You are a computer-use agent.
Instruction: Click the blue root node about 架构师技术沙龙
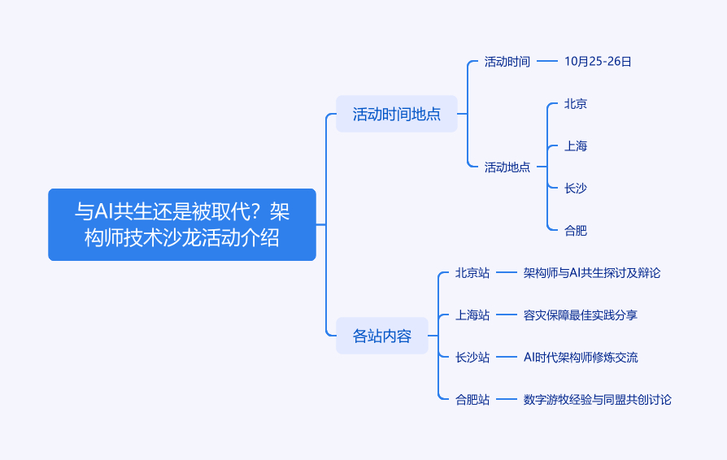(x=182, y=224)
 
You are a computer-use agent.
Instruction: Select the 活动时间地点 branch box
(x=397, y=114)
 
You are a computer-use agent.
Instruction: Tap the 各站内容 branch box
(x=382, y=336)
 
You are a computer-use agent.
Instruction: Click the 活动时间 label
(x=507, y=61)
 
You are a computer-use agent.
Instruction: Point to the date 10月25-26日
(x=598, y=61)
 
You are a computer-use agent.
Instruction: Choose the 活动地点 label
(x=507, y=167)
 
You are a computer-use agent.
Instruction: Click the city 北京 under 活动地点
(x=576, y=103)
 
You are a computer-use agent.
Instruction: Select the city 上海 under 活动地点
(x=576, y=145)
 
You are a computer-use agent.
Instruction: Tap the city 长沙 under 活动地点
(x=576, y=188)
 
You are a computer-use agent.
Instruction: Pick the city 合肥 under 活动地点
(x=576, y=230)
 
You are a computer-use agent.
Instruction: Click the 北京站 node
(x=472, y=272)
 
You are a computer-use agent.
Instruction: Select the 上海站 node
(x=472, y=315)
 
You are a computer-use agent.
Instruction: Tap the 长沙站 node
(x=472, y=357)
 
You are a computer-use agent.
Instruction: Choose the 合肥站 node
(x=472, y=399)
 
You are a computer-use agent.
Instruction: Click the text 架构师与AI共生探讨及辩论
(x=592, y=272)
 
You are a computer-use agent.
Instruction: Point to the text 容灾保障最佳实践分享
(x=581, y=315)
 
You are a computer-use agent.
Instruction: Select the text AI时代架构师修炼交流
(x=581, y=357)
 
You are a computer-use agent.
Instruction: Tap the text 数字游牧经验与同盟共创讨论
(x=598, y=399)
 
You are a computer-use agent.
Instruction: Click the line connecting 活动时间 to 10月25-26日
(x=548, y=61)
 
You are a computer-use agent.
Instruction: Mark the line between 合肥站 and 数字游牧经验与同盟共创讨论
(x=507, y=399)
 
